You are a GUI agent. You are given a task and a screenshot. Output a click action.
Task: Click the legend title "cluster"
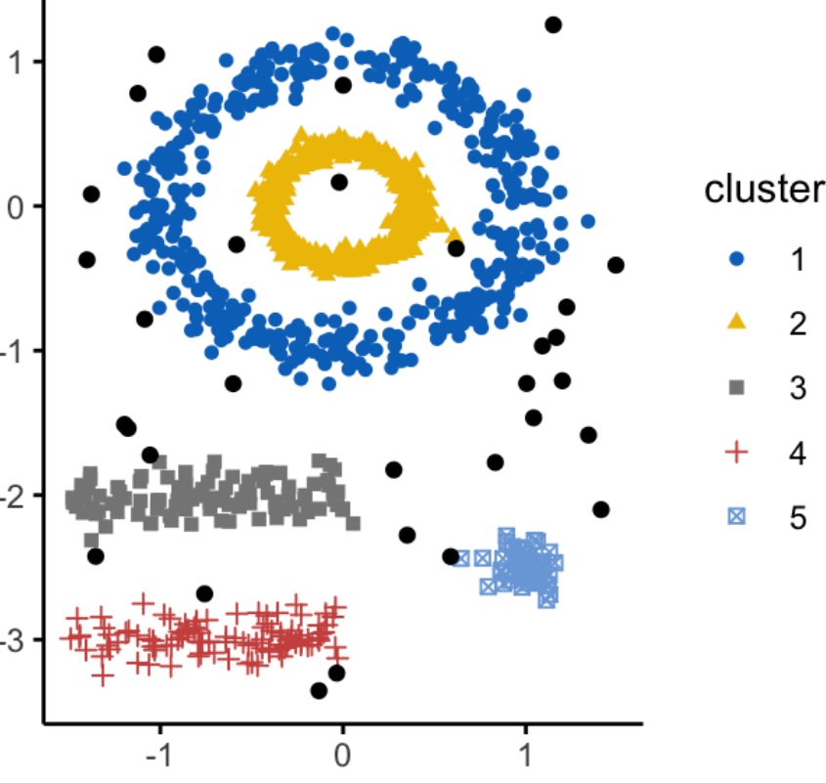[763, 191]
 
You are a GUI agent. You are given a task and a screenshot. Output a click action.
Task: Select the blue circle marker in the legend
[738, 259]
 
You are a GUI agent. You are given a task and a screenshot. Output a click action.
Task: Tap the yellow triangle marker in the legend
[738, 324]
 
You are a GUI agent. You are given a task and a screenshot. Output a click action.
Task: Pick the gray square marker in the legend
[738, 388]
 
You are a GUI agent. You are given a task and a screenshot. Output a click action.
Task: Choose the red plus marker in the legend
[738, 453]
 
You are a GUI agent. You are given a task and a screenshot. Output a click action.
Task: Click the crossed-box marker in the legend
[738, 517]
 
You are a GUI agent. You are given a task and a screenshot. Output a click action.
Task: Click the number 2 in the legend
[798, 324]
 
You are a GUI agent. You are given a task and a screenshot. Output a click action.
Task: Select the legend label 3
[798, 388]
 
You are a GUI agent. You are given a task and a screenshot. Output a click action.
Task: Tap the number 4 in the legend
[798, 453]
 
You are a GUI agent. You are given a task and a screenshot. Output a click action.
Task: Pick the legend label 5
[798, 517]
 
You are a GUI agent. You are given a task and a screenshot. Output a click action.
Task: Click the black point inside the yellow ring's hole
[339, 182]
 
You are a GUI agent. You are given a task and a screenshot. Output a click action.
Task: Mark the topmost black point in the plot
[553, 24]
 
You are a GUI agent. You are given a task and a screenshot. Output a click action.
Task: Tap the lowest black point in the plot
[319, 690]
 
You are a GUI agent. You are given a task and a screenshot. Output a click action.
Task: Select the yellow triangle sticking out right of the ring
[453, 234]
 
